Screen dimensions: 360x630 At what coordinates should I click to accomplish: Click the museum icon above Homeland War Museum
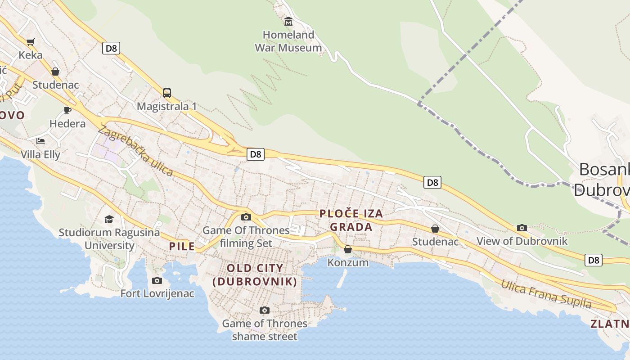coord(288,21)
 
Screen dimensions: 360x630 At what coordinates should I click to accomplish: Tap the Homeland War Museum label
coord(288,41)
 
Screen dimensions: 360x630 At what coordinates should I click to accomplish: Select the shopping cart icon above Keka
coord(31,42)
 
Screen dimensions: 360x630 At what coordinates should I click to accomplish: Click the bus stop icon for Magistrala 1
coord(167,93)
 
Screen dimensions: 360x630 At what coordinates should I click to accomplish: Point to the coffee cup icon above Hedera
coord(67,110)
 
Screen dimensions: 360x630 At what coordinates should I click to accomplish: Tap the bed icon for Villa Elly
coord(40,141)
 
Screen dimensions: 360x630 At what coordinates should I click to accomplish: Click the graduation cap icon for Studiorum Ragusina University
coord(109,220)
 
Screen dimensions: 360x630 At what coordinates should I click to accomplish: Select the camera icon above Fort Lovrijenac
coord(157,281)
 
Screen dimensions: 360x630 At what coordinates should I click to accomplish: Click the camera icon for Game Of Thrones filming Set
coord(246,217)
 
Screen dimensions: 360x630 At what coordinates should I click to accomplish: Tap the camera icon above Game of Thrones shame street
coord(265,310)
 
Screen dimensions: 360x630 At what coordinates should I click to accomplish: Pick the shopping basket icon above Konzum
coord(348,249)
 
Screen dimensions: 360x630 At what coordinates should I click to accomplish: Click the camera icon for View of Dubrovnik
coord(522,228)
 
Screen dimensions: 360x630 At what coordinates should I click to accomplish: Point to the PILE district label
coord(182,246)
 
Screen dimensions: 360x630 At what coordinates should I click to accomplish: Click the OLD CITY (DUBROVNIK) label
coord(255,275)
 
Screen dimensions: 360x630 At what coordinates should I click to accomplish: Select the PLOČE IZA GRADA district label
coord(351,220)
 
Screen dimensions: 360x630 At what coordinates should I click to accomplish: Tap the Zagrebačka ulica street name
coord(135,150)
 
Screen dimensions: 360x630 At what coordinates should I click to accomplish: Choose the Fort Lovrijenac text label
coord(157,294)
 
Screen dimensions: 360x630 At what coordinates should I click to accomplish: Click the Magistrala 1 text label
coord(167,107)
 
